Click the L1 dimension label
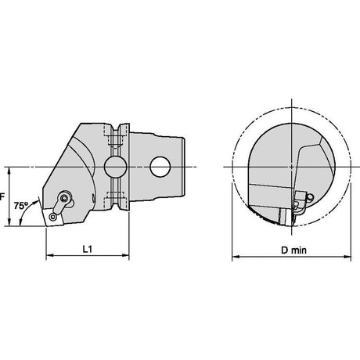click(x=88, y=249)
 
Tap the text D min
click(x=293, y=250)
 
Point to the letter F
click(x=2, y=196)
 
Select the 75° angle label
click(x=21, y=206)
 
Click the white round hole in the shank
click(x=160, y=167)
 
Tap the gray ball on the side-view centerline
click(x=116, y=167)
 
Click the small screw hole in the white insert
click(x=54, y=217)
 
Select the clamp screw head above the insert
click(x=64, y=198)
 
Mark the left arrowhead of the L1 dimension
click(x=49, y=255)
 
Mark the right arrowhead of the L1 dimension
click(x=125, y=255)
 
